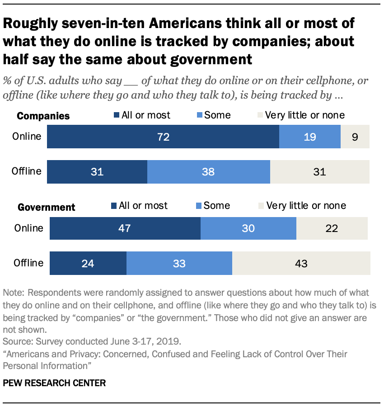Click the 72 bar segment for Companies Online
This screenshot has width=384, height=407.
coord(163,137)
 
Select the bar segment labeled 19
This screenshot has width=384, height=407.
coord(309,137)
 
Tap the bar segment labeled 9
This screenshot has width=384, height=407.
coord(355,137)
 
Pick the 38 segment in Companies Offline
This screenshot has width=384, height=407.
coord(208,172)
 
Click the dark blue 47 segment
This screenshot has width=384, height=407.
coord(125,228)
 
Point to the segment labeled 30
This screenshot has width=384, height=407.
coord(248,228)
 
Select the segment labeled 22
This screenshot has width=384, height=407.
coord(332,228)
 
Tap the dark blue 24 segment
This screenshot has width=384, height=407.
coord(88,263)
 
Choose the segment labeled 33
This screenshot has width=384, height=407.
coord(179,263)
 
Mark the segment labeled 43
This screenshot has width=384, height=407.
coord(301,263)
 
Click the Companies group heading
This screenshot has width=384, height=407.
coord(43,116)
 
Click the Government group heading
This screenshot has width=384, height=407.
coord(47,208)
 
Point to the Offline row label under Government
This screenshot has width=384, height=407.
coord(28,263)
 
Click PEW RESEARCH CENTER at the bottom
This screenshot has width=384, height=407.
coord(54,383)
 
